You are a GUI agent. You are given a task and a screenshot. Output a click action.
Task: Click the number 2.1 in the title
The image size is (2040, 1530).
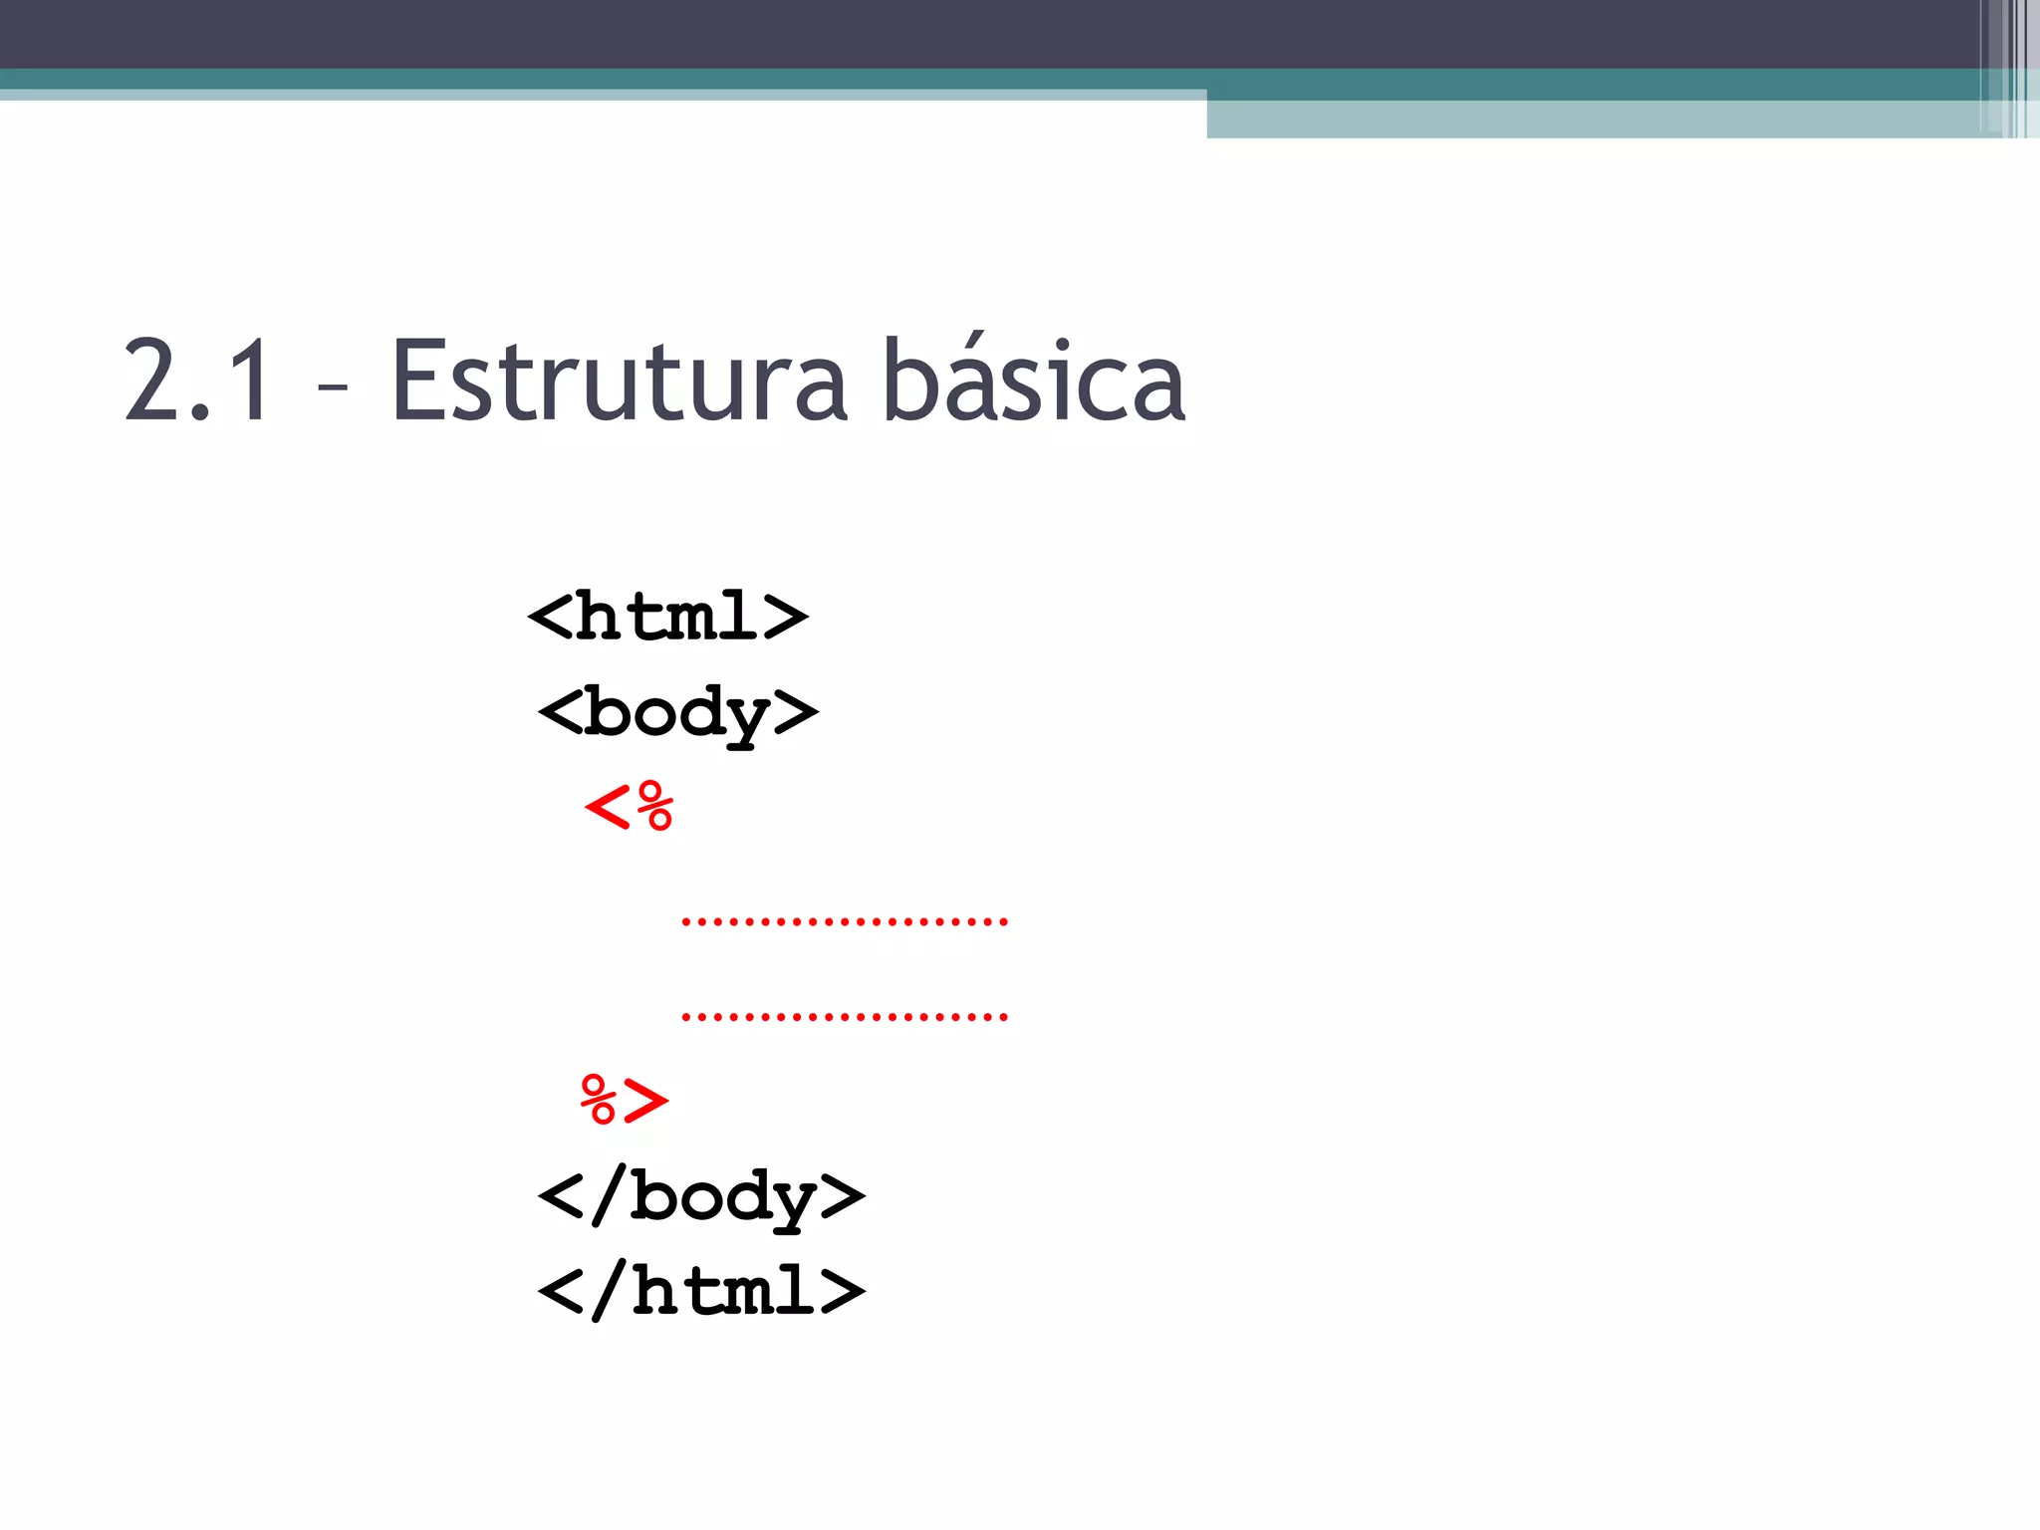coord(197,382)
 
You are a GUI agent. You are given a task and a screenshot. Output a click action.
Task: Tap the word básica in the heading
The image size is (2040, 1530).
coord(1034,382)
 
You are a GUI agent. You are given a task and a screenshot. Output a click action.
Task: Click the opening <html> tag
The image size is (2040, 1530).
coord(667,617)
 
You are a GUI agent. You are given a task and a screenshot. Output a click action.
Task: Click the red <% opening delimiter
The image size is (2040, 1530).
coord(629,806)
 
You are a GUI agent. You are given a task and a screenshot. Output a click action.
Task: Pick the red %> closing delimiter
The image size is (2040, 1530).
coord(625,1101)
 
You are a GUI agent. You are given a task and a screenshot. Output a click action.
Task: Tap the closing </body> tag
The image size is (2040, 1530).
coord(701,1195)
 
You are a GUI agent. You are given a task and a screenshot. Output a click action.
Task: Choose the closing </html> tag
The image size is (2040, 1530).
coord(701,1291)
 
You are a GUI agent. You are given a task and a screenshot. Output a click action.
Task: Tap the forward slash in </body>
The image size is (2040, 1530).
coord(609,1195)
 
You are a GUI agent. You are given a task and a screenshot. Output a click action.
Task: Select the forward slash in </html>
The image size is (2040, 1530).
coord(609,1291)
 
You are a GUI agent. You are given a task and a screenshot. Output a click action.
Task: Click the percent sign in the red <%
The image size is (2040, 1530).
coord(655,806)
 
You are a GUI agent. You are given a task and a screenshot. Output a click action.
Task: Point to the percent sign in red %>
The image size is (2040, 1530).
coord(599,1101)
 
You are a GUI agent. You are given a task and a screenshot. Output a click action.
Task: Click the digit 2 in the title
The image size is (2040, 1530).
coord(150,382)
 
